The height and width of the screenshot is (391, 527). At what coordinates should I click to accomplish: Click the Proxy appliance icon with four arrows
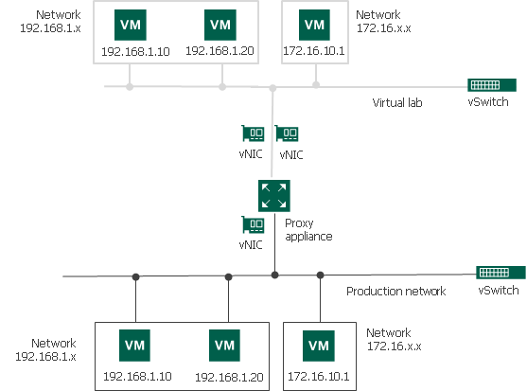coord(273,196)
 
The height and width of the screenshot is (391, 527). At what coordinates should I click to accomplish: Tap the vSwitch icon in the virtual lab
coord(487,85)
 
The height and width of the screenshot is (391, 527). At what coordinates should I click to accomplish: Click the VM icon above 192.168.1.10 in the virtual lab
coord(128,24)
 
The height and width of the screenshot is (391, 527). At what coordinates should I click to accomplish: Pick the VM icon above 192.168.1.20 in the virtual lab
coord(220,24)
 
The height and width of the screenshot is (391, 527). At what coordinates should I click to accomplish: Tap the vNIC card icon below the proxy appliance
coord(253,225)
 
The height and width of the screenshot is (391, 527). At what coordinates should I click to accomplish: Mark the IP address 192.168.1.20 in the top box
coord(220,51)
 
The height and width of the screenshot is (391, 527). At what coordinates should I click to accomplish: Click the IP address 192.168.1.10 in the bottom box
coord(135,377)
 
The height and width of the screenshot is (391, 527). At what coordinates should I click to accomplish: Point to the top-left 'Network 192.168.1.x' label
coord(49,22)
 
